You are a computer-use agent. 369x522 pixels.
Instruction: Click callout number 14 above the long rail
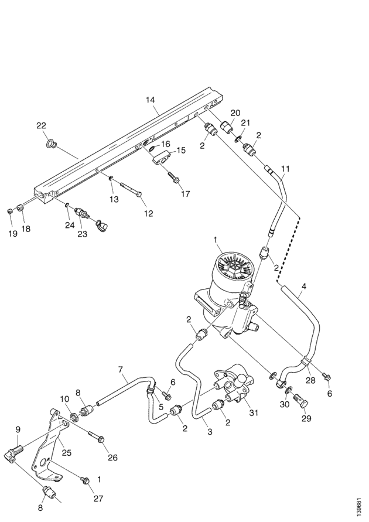pos(151,100)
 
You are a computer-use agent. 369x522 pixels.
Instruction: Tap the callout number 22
pos(41,126)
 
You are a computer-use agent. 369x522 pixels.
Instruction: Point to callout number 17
pos(185,193)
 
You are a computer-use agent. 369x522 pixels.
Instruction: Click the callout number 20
pos(234,112)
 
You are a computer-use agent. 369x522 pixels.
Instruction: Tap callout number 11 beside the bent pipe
pos(285,169)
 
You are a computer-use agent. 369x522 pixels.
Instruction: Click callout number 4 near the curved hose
pos(303,287)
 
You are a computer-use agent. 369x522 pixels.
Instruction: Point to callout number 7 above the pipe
pos(121,370)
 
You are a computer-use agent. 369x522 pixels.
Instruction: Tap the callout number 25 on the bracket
pos(67,452)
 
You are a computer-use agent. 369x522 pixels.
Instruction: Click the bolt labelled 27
pos(86,481)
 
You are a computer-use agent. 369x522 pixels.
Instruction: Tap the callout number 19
pos(11,234)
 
